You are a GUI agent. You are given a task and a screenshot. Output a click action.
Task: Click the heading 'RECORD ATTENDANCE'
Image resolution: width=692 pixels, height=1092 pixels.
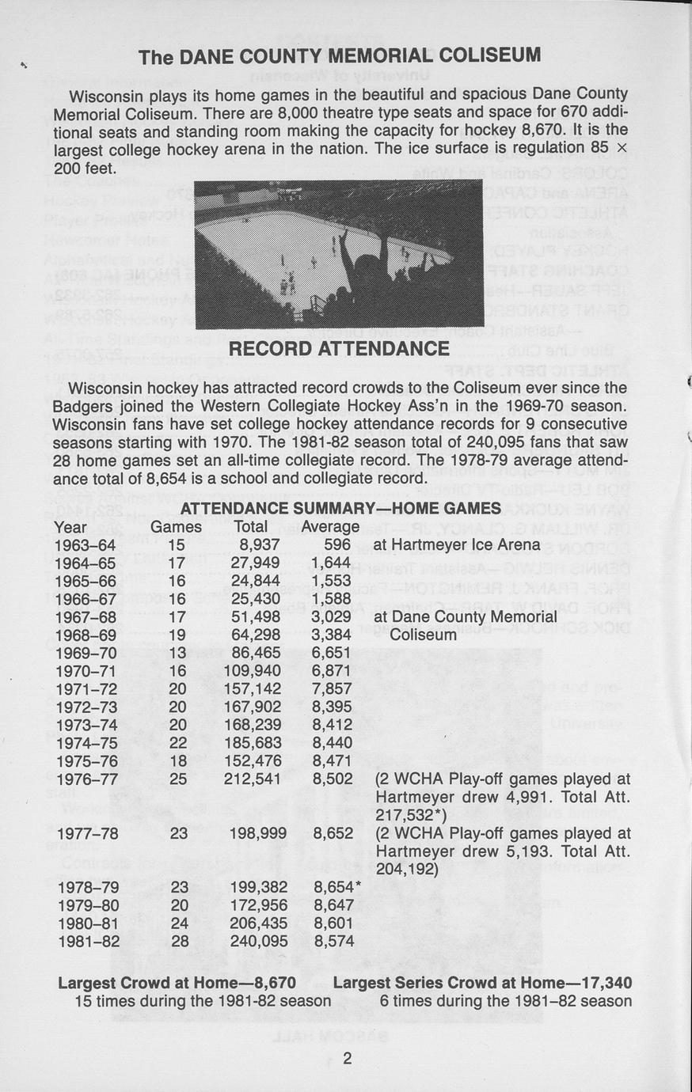339,349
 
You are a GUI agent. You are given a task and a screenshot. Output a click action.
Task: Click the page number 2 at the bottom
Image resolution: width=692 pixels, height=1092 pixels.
347,1059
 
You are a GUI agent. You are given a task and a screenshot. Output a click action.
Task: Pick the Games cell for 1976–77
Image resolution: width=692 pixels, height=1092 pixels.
178,779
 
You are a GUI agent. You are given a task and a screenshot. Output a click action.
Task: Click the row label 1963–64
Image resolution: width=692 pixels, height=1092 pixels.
86,544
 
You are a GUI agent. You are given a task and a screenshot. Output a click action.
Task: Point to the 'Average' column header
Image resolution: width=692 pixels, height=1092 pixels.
330,526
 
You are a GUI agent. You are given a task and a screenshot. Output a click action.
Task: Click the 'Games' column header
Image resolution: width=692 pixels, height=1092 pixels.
176,526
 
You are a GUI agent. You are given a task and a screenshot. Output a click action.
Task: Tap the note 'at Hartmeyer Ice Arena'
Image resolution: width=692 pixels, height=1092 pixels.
457,544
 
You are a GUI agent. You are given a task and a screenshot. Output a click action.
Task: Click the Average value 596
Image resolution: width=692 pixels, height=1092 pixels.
337,544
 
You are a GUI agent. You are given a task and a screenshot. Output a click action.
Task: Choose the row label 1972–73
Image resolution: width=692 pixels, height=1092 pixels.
86,707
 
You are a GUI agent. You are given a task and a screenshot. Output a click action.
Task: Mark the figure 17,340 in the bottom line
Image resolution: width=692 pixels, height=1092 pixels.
604,983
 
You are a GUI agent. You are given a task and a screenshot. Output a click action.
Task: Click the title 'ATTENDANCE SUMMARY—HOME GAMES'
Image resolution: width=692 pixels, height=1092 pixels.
340,508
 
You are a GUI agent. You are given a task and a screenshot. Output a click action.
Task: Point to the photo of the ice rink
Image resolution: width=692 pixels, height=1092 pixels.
338,254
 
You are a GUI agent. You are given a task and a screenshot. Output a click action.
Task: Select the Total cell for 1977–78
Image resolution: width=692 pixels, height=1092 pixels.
259,833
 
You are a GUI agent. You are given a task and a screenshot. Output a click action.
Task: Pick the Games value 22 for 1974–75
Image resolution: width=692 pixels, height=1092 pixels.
178,743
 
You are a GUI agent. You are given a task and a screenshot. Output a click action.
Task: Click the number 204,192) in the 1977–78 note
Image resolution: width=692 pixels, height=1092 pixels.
408,869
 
